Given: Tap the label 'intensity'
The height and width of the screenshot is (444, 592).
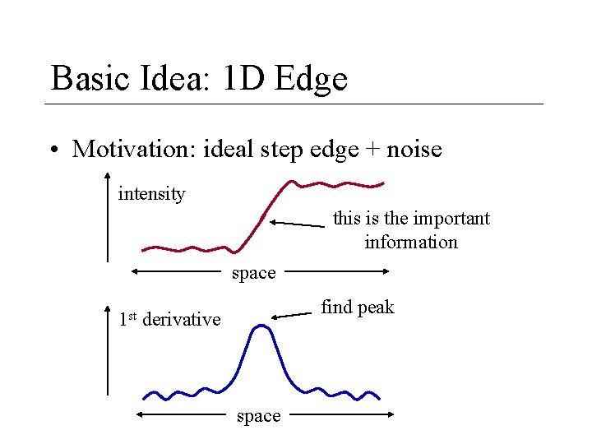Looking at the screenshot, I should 152,194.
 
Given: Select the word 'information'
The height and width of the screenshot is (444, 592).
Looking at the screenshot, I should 411,242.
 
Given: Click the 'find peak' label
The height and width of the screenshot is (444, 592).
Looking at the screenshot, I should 358,308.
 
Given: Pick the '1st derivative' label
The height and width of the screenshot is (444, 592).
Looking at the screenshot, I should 170,319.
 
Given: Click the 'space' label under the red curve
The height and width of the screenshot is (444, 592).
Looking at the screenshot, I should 254,273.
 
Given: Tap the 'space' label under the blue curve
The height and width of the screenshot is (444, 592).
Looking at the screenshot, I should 258,416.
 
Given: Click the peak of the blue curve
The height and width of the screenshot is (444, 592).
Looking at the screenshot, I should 261,326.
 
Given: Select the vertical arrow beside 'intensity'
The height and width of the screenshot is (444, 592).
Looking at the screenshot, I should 108,217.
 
